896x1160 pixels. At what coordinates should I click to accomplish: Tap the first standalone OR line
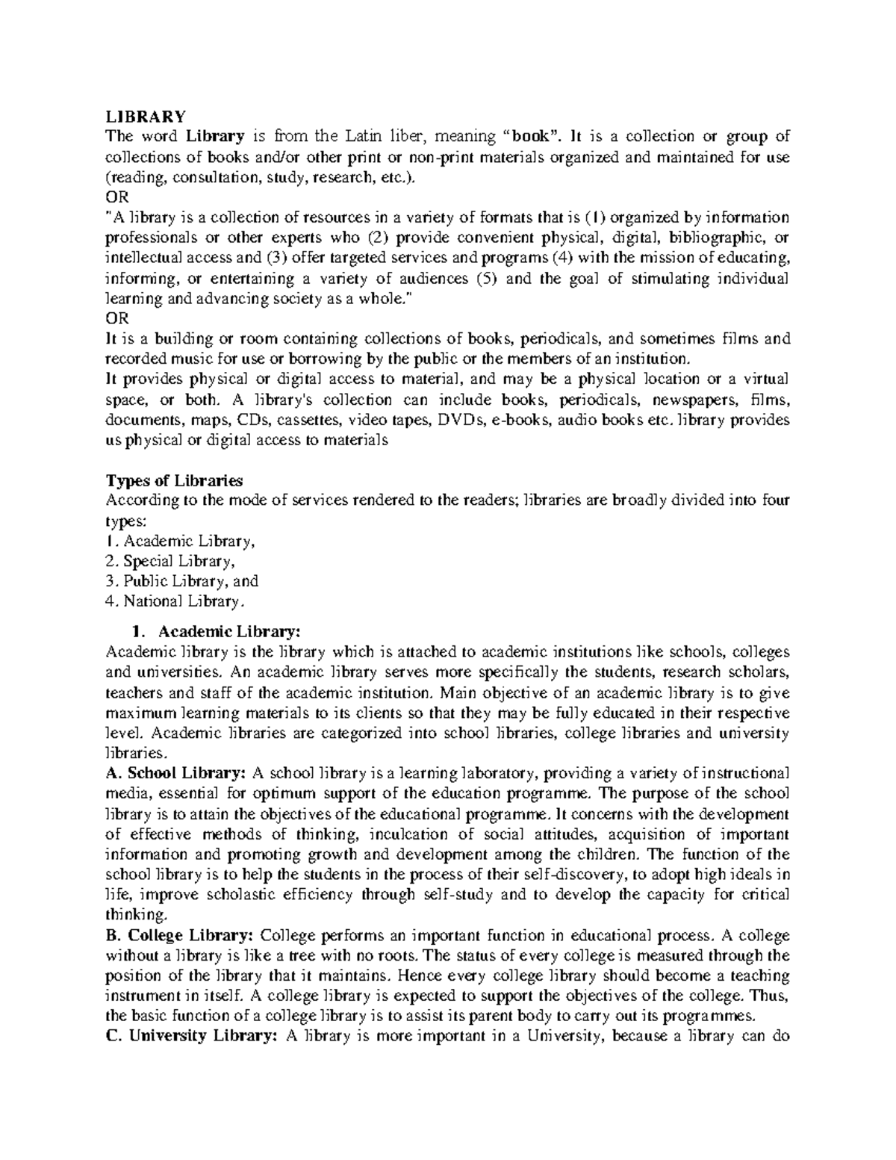[117, 197]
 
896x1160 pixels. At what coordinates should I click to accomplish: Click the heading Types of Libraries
[175, 480]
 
